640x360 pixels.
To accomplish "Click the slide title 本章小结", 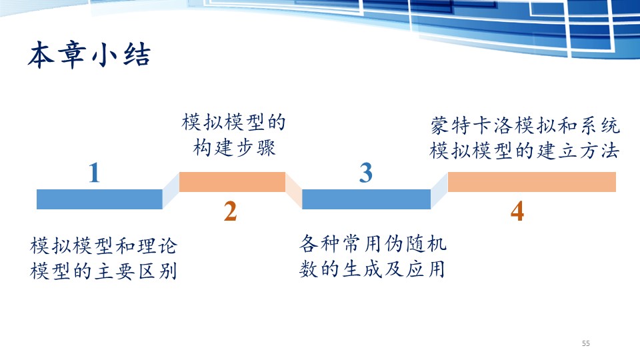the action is (x=89, y=55).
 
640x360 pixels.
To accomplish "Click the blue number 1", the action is (x=94, y=173).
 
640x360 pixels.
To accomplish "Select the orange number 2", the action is (x=230, y=211).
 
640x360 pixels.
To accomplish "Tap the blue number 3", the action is (x=366, y=173).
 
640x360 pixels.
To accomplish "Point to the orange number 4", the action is (x=517, y=211).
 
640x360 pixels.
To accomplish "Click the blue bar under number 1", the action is (x=99, y=199).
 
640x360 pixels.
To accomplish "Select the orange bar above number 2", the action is (x=232, y=182).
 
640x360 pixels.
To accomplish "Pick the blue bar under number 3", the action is (x=367, y=199).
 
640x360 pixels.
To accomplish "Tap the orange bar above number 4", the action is (x=532, y=182).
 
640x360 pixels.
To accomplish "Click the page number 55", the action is (x=586, y=343).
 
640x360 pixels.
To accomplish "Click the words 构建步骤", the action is (x=234, y=147).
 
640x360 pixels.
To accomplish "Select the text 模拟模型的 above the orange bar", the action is (x=233, y=122).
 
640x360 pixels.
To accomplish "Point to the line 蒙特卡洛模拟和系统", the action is (x=525, y=125).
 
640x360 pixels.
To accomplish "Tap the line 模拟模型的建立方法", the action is (x=525, y=151).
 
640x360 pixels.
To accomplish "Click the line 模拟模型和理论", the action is (x=104, y=246).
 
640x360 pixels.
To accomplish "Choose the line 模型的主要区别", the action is (x=104, y=271).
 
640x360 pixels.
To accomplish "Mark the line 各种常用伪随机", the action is (x=373, y=244).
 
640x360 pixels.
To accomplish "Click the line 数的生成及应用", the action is (x=372, y=269).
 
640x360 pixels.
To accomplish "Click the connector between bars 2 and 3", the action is (x=293, y=191).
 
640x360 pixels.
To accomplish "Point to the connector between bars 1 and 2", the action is (x=171, y=191).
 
